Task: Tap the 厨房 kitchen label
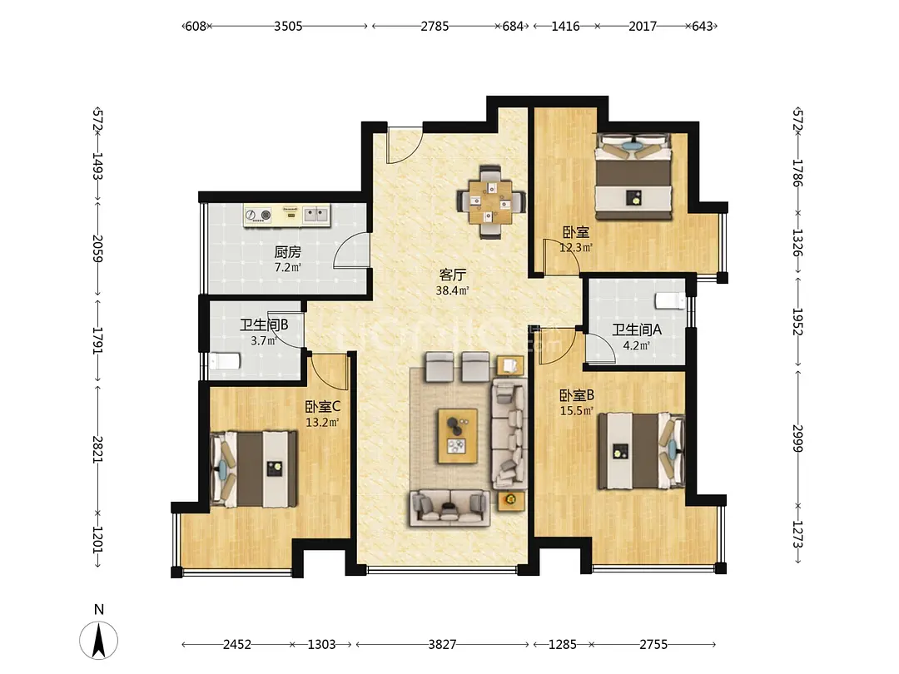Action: [x=287, y=252]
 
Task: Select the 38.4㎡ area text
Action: [x=452, y=290]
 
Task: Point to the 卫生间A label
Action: [x=637, y=330]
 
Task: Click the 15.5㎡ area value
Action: [x=577, y=410]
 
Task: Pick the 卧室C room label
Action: [x=322, y=407]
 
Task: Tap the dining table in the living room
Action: [x=489, y=201]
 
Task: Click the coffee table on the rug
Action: [x=458, y=435]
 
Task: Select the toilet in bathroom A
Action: [x=670, y=300]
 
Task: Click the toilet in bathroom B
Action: [x=224, y=362]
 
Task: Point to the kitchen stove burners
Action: [x=258, y=215]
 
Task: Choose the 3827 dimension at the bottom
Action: [x=442, y=645]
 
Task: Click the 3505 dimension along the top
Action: [x=288, y=27]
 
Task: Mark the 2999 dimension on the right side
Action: [x=797, y=438]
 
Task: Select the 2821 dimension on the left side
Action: [x=98, y=450]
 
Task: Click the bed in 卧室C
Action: [x=253, y=469]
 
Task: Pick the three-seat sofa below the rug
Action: [x=449, y=508]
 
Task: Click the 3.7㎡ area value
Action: [x=264, y=341]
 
